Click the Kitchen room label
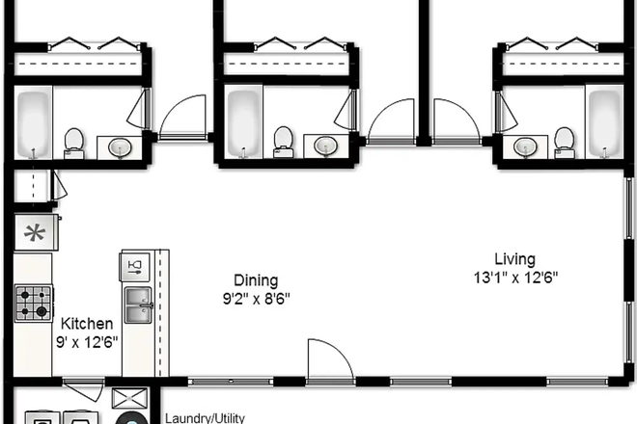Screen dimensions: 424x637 coord(88,324)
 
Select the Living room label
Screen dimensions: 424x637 coord(514,259)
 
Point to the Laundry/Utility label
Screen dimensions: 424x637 coord(206,418)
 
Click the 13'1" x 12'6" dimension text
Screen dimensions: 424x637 coord(514,278)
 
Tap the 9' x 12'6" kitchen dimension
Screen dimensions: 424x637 coord(88,341)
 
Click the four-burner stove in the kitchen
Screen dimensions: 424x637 coord(33,303)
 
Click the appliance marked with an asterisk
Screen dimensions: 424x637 coord(36,232)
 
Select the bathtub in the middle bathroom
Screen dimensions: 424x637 coord(243,121)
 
